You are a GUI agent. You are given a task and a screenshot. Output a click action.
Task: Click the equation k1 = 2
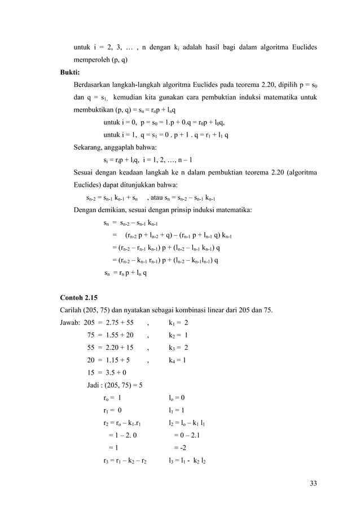tap(178, 323)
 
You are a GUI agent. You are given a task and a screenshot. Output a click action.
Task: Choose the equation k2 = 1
tap(178, 336)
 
